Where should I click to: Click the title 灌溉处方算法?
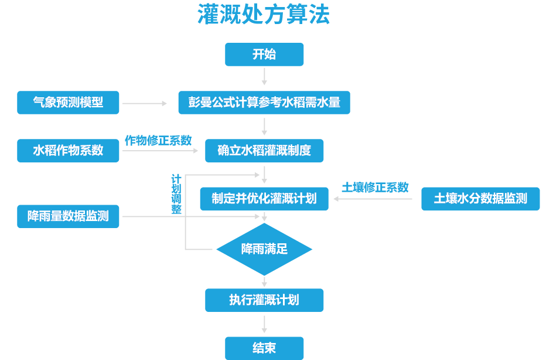[x=264, y=15]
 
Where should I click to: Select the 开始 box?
[x=264, y=55]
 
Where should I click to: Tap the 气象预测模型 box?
[x=69, y=103]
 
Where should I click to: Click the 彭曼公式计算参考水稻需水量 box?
[x=264, y=103]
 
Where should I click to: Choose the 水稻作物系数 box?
[x=69, y=151]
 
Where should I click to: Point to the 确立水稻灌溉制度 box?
[x=264, y=151]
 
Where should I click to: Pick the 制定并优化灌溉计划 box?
[x=264, y=199]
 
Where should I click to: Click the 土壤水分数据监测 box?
[x=480, y=199]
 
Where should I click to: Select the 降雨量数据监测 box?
[x=69, y=216]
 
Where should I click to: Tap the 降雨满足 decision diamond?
[x=264, y=249]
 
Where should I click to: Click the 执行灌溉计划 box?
[x=264, y=300]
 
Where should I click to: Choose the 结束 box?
[x=264, y=348]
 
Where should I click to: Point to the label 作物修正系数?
[x=158, y=141]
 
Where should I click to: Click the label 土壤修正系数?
[x=375, y=188]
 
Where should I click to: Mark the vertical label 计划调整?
[x=176, y=194]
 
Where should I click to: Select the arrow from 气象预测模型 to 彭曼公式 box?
[x=144, y=103]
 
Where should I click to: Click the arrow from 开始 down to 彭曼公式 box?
[x=264, y=76]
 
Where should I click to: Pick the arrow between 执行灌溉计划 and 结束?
[x=264, y=324]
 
